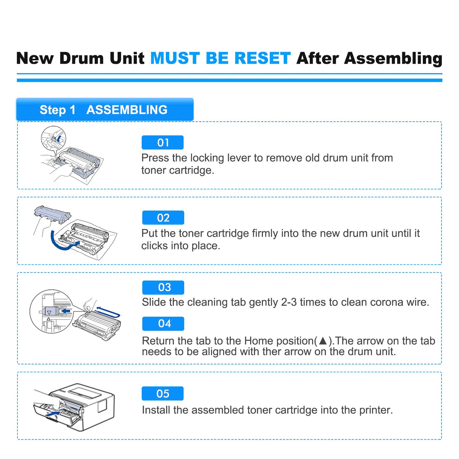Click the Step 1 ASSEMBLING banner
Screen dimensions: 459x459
(x=105, y=110)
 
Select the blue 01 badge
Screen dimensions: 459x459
(x=163, y=143)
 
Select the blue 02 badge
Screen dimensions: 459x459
(x=163, y=218)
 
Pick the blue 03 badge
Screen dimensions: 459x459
(x=163, y=287)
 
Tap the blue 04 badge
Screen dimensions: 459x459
(x=163, y=324)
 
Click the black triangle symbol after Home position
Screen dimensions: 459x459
(x=323, y=341)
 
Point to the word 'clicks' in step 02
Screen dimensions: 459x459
(x=155, y=246)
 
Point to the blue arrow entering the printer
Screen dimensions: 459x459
(x=52, y=414)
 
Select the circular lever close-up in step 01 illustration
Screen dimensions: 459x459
(x=53, y=138)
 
